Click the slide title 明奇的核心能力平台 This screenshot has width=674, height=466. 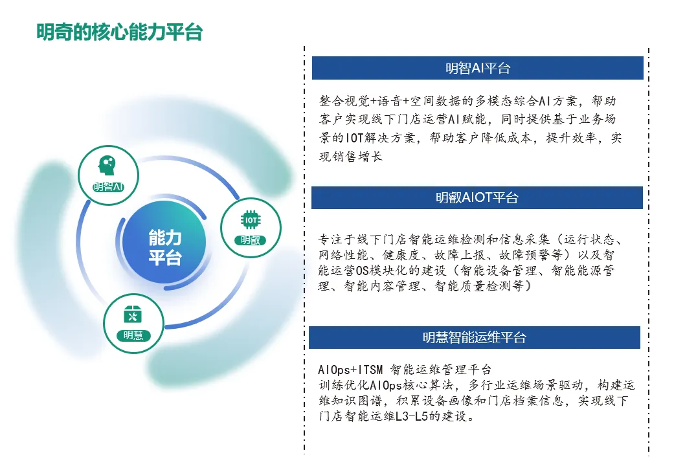tap(119, 32)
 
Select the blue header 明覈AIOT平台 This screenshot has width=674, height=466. tap(477, 198)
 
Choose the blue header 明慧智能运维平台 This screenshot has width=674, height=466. tap(474, 337)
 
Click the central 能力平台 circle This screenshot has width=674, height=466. tap(164, 247)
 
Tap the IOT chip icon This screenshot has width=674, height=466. tap(251, 220)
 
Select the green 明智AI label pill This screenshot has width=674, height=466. tap(107, 187)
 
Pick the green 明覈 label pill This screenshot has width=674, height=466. tap(251, 240)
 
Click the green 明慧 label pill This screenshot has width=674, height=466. tap(133, 335)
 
